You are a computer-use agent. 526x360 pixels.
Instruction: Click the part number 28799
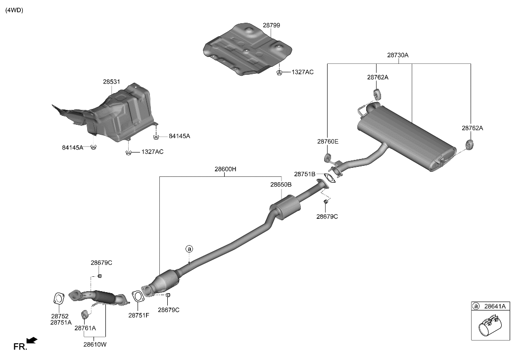pyautogui.click(x=271, y=25)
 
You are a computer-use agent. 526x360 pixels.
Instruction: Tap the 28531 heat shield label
pyautogui.click(x=111, y=82)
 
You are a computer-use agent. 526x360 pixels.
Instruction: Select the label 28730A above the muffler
pyautogui.click(x=398, y=55)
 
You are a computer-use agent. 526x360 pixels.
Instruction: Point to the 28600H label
pyautogui.click(x=226, y=169)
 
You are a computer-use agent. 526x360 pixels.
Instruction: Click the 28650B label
pyautogui.click(x=281, y=184)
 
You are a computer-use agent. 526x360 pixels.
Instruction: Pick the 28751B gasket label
pyautogui.click(x=305, y=174)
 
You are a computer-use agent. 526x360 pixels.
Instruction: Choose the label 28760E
pyautogui.click(x=328, y=142)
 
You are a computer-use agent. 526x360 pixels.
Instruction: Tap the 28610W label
pyautogui.click(x=95, y=344)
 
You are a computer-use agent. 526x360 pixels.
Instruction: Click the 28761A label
pyautogui.click(x=85, y=328)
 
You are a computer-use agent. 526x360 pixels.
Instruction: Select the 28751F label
pyautogui.click(x=139, y=315)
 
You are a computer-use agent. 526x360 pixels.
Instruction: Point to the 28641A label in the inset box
pyautogui.click(x=495, y=306)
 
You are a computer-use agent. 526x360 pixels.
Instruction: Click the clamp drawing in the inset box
pyautogui.click(x=490, y=325)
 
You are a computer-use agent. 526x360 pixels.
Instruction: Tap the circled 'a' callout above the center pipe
pyautogui.click(x=189, y=249)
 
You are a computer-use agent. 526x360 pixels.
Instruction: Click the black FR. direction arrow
pyautogui.click(x=32, y=341)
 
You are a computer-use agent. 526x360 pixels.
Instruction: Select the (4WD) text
pyautogui.click(x=14, y=10)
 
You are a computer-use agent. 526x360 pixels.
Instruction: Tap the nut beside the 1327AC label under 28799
pyautogui.click(x=279, y=72)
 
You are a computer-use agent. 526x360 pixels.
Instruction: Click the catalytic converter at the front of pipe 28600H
pyautogui.click(x=162, y=282)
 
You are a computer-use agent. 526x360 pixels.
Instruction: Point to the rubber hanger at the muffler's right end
pyautogui.click(x=470, y=145)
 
